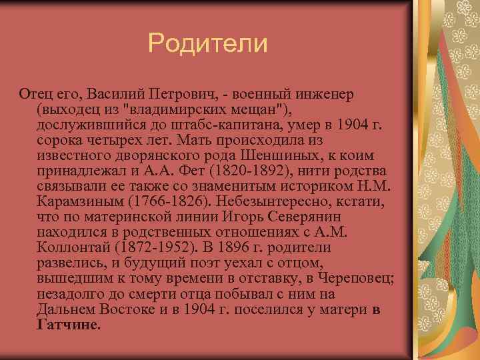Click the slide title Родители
[207, 44]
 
